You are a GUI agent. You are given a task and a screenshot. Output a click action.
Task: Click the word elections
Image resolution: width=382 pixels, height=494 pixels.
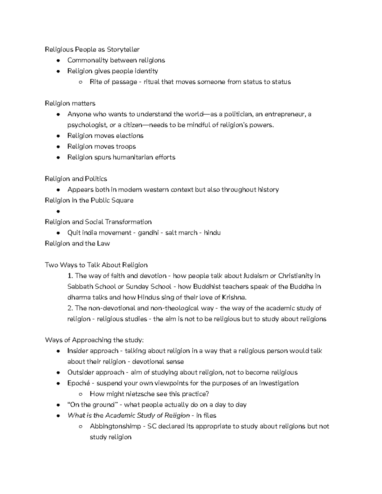coord(129,136)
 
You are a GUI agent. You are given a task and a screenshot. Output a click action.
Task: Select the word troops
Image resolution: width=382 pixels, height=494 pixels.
coord(125,146)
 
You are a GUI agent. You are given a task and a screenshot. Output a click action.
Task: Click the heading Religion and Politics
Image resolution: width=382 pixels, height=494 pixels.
coord(76,179)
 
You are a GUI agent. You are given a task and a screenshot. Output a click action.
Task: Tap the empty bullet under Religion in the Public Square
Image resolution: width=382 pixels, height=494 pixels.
coord(58,212)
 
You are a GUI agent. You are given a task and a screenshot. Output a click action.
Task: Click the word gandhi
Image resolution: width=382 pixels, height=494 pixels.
coord(148,233)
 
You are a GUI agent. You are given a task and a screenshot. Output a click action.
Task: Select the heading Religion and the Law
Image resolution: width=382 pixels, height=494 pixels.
coord(77,243)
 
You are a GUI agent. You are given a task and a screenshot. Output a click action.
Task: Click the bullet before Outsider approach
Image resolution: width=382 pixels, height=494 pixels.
coord(58,373)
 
